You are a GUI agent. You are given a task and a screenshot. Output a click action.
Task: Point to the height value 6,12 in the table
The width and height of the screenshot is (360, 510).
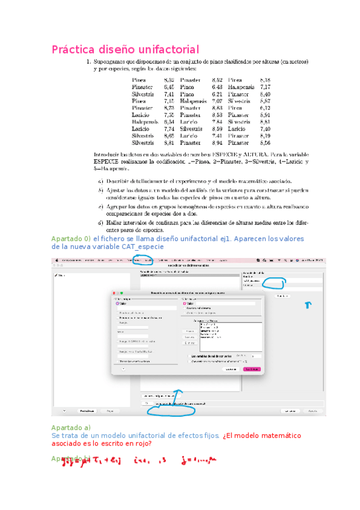pos(264,108)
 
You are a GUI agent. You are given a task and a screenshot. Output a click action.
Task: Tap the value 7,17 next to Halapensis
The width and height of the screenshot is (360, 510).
pos(264,87)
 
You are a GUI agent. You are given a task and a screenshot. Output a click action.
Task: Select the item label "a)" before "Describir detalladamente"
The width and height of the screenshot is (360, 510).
pos(100,180)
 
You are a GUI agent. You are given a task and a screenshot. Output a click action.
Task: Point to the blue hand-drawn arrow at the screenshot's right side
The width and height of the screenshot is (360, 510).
pos(309,305)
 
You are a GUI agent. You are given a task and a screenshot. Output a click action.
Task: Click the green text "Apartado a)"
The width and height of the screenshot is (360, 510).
pos(70,427)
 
